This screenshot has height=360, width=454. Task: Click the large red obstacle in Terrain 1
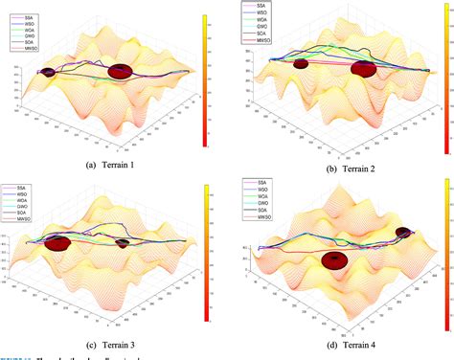click(x=122, y=70)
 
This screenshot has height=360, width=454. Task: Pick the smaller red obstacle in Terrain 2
click(x=301, y=64)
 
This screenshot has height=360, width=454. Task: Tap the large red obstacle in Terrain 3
click(x=57, y=242)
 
